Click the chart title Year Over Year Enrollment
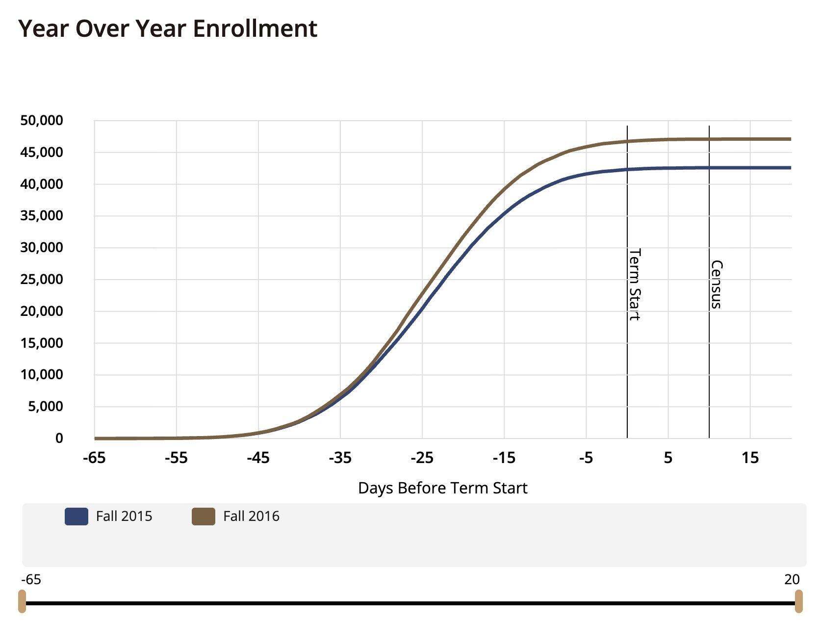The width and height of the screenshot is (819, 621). click(168, 28)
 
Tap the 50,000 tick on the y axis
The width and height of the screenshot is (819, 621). click(42, 121)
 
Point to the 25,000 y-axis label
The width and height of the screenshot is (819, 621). click(42, 280)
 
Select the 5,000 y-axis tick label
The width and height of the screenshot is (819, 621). click(45, 407)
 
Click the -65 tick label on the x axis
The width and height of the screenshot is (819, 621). click(94, 458)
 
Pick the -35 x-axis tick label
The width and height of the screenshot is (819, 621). click(340, 458)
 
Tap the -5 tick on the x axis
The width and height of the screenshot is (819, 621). click(586, 458)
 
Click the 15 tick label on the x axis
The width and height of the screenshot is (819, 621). click(750, 458)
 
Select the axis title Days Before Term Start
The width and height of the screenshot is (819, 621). click(443, 488)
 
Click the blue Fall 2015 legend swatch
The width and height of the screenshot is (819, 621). click(77, 517)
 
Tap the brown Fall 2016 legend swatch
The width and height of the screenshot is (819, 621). click(204, 517)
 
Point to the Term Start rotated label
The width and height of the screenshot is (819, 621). click(635, 285)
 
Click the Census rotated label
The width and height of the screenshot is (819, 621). click(717, 285)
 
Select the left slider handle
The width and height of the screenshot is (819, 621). click(22, 601)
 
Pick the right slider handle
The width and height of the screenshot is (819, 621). click(798, 601)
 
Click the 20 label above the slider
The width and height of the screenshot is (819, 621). click(792, 580)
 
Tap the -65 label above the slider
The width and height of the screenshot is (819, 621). click(31, 580)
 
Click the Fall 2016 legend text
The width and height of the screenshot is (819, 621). click(251, 517)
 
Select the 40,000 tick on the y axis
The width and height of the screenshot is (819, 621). click(42, 184)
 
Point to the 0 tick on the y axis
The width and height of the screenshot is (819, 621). click(59, 439)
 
